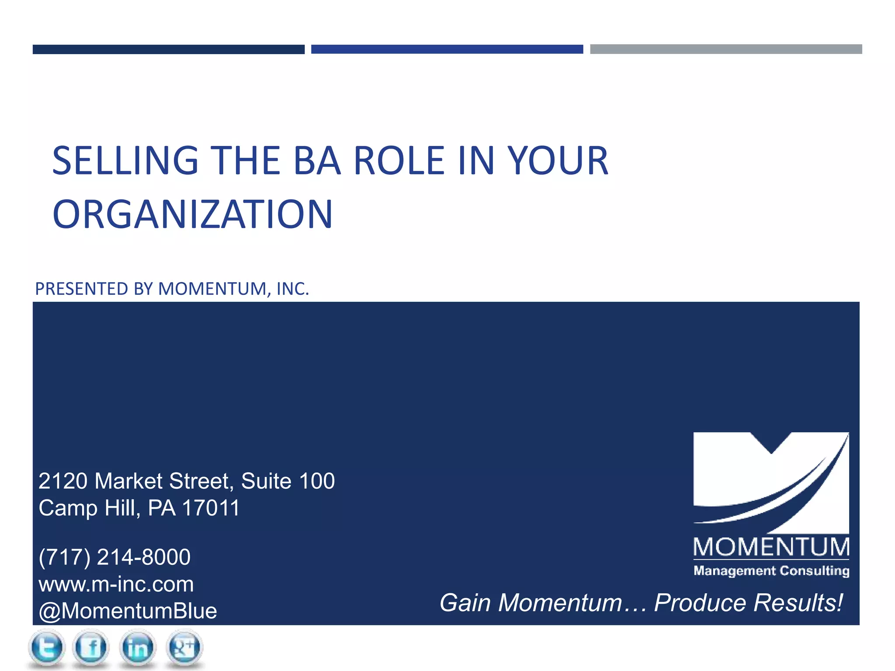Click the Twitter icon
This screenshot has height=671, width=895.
pyautogui.click(x=47, y=647)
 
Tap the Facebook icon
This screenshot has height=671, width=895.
pyautogui.click(x=91, y=647)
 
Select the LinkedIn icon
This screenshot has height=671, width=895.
pyautogui.click(x=138, y=647)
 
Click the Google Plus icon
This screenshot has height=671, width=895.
pyautogui.click(x=184, y=647)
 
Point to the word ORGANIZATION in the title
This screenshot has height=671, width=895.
pyautogui.click(x=192, y=214)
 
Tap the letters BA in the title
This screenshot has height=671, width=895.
pyautogui.click(x=317, y=161)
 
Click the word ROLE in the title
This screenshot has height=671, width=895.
pyautogui.click(x=399, y=161)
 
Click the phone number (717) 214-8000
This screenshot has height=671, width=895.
pyautogui.click(x=114, y=557)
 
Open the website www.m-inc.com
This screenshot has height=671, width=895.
pyautogui.click(x=116, y=584)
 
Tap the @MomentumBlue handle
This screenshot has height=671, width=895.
pyautogui.click(x=128, y=611)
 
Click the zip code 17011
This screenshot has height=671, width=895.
pyautogui.click(x=211, y=508)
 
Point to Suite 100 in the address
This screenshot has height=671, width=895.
pyautogui.click(x=288, y=481)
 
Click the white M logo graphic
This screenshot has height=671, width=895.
pyautogui.click(x=771, y=481)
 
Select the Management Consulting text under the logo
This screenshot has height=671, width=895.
pyautogui.click(x=771, y=571)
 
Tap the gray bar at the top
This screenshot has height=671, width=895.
pyautogui.click(x=726, y=49)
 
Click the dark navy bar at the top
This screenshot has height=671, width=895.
pyautogui.click(x=168, y=49)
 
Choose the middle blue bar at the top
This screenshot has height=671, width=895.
pyautogui.click(x=447, y=49)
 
